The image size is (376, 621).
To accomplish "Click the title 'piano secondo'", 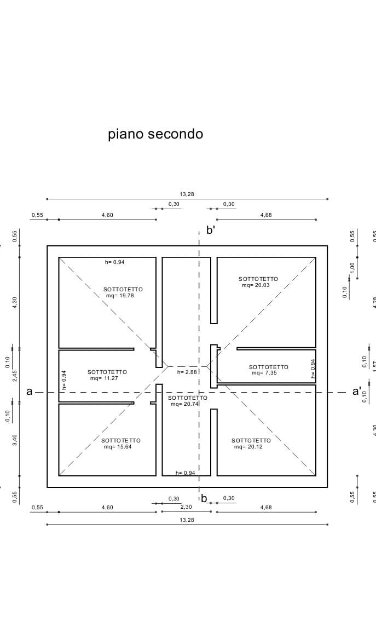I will coord(155,134).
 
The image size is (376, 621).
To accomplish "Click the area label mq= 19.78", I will coord(120,295).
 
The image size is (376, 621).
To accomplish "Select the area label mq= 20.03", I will coord(256,285).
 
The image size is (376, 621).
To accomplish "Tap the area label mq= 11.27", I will coord(104,378).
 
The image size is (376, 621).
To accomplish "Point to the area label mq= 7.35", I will coord(265,373).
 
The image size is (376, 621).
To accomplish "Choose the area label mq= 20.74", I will coord(184,404).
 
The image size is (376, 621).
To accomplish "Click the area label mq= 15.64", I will coord(118,446).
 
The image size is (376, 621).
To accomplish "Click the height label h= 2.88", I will coord(187,372).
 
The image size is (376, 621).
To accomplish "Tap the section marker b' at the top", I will coord(211,231).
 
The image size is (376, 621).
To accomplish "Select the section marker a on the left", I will coord(30,392).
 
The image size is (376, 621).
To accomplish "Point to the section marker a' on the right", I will coord(357,392).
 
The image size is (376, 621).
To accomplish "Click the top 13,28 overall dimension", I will coord(187,194).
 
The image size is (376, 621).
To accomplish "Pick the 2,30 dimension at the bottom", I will coord(187,507).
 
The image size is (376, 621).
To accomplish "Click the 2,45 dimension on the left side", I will coord(15,375).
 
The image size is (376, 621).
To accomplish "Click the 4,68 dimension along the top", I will coord(266,215).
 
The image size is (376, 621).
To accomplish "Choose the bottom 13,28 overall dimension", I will coord(187,520).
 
